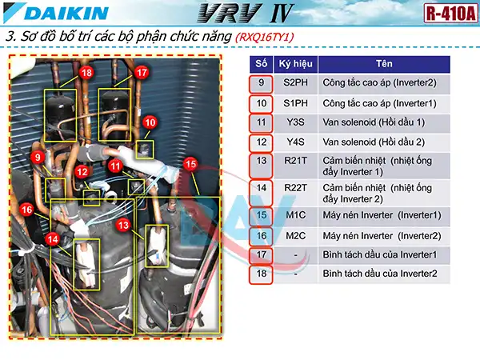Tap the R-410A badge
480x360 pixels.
tap(445, 14)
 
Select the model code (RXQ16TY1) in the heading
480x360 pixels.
tap(274, 37)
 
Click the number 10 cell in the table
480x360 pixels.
tap(261, 103)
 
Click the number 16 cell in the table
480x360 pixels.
tap(261, 235)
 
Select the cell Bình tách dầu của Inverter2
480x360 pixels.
tap(379, 274)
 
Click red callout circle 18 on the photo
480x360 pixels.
tap(86, 73)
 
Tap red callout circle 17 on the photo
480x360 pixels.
tap(142, 73)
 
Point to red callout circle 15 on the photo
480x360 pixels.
tap(190, 164)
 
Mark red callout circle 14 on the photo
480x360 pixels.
tap(53, 238)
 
